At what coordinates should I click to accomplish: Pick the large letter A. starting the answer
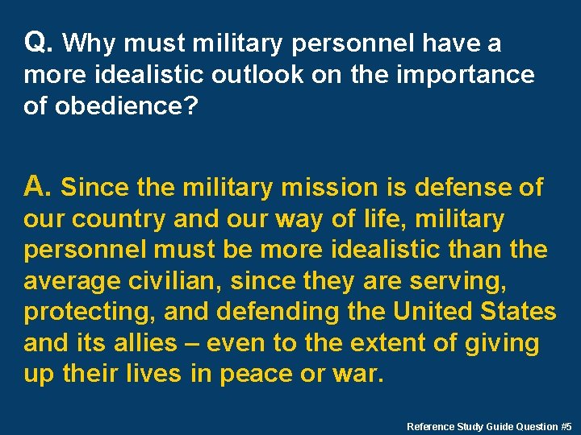tap(38, 187)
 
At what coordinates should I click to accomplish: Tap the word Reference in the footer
tap(430, 425)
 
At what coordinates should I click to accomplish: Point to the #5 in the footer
tap(566, 425)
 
